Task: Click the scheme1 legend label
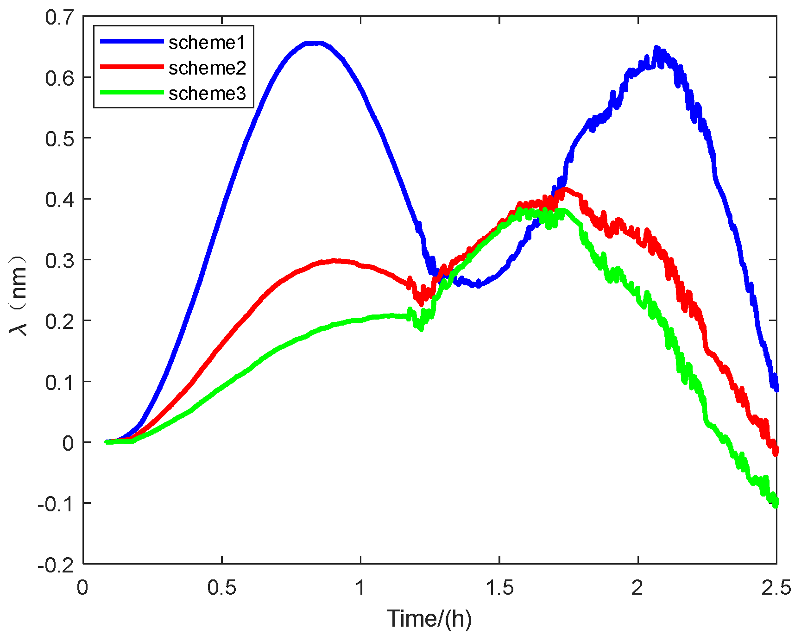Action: (206, 43)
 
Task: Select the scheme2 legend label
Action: (207, 68)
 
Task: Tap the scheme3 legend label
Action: (207, 94)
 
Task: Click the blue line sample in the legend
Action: (132, 41)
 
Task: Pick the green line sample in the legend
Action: (132, 92)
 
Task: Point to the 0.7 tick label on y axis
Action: (59, 18)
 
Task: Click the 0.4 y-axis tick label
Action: (59, 199)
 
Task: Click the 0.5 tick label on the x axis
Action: (222, 587)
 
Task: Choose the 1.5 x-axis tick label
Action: (499, 587)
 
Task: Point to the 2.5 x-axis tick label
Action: (776, 587)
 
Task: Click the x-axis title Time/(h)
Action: (429, 618)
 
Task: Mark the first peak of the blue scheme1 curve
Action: (315, 43)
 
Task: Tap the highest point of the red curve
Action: (563, 189)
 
